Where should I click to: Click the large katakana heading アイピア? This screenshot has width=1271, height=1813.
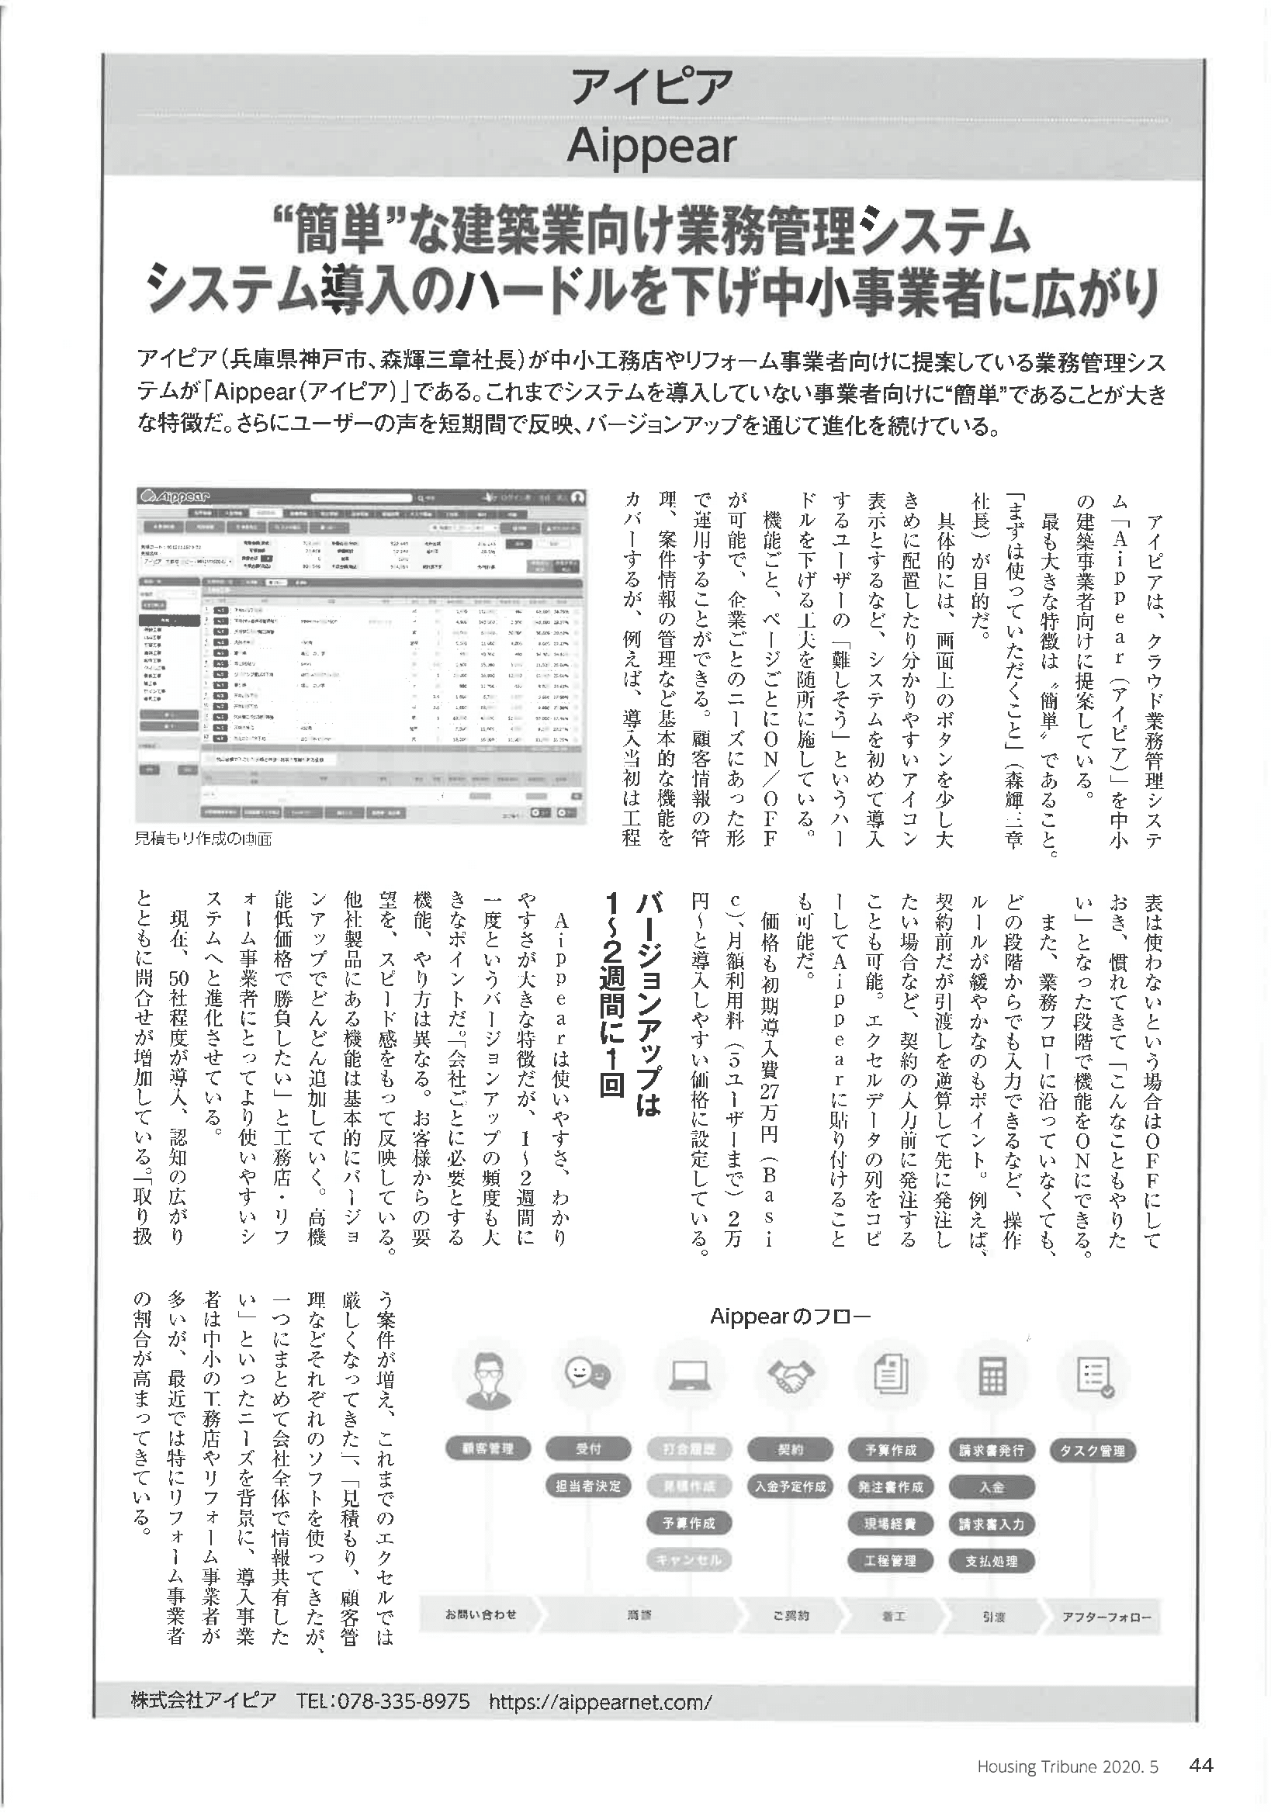[x=651, y=88]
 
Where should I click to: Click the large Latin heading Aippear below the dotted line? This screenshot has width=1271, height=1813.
[x=652, y=147]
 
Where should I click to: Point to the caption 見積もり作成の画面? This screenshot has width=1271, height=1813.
[x=204, y=839]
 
